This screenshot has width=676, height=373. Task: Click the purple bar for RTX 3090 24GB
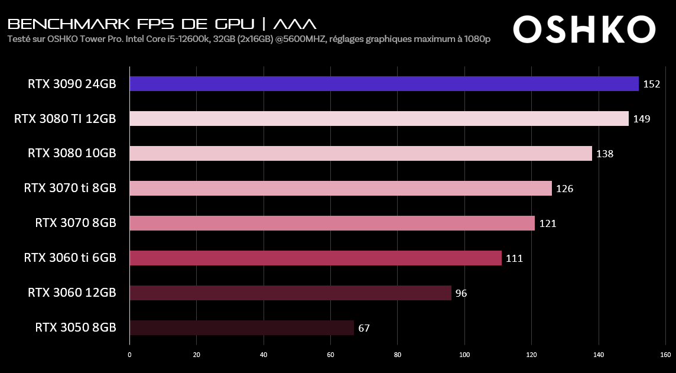pyautogui.click(x=384, y=84)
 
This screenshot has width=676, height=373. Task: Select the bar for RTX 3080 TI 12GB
pyautogui.click(x=379, y=119)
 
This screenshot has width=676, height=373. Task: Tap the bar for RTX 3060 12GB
pyautogui.click(x=290, y=293)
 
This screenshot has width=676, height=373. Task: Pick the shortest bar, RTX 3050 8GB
pyautogui.click(x=242, y=328)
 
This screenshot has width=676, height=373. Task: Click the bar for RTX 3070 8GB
pyautogui.click(x=332, y=223)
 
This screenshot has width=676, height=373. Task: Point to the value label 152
pyautogui.click(x=651, y=84)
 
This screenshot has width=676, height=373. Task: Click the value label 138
pyautogui.click(x=604, y=154)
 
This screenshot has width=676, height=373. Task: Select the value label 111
pyautogui.click(x=514, y=258)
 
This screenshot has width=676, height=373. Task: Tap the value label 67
pyautogui.click(x=364, y=328)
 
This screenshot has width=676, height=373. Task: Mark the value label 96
pyautogui.click(x=461, y=293)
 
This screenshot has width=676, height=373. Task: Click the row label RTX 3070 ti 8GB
pyautogui.click(x=70, y=189)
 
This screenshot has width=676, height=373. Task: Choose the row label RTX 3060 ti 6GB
pyautogui.click(x=70, y=258)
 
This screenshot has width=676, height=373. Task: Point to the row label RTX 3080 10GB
pyautogui.click(x=71, y=154)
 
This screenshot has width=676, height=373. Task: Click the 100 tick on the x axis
pyautogui.click(x=464, y=355)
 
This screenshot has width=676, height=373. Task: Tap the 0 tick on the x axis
pyautogui.click(x=129, y=355)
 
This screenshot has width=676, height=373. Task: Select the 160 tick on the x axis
pyautogui.click(x=665, y=355)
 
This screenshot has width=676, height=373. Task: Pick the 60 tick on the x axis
pyautogui.click(x=330, y=355)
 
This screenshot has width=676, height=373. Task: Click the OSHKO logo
pyautogui.click(x=584, y=29)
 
